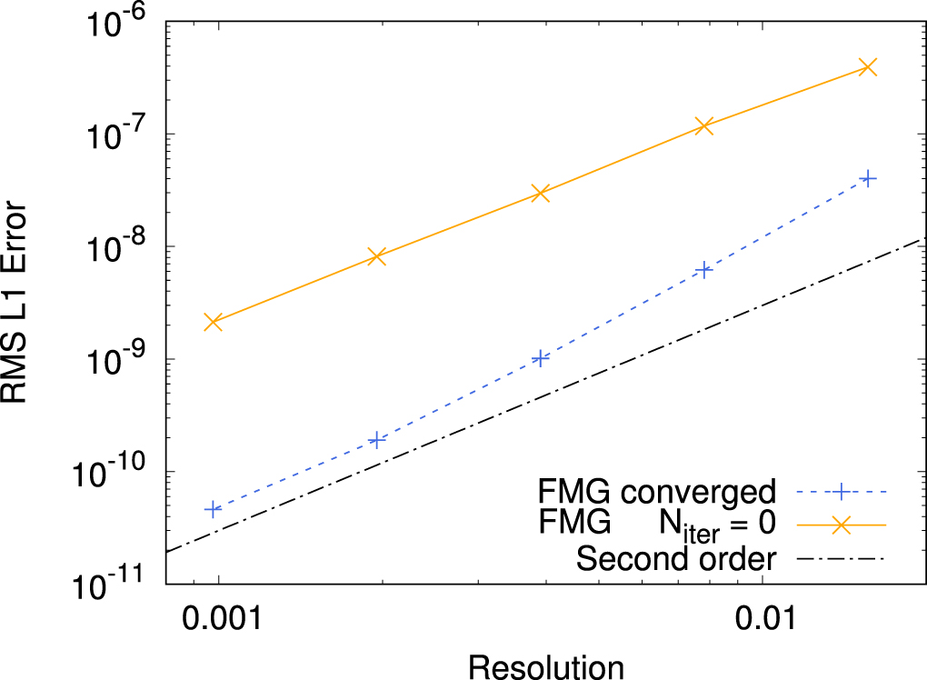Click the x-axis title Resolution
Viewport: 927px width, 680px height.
(x=546, y=665)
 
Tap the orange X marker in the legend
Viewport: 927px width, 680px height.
(x=841, y=525)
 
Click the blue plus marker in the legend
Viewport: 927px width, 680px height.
(x=841, y=493)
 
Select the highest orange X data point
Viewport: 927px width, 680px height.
(x=868, y=66)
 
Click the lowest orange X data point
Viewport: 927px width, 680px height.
(x=214, y=322)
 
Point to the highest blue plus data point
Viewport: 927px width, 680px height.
(x=868, y=179)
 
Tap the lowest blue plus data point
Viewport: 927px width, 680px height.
(x=214, y=509)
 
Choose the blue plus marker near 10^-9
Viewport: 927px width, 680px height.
(x=541, y=358)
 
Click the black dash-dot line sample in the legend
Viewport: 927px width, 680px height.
(x=841, y=557)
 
